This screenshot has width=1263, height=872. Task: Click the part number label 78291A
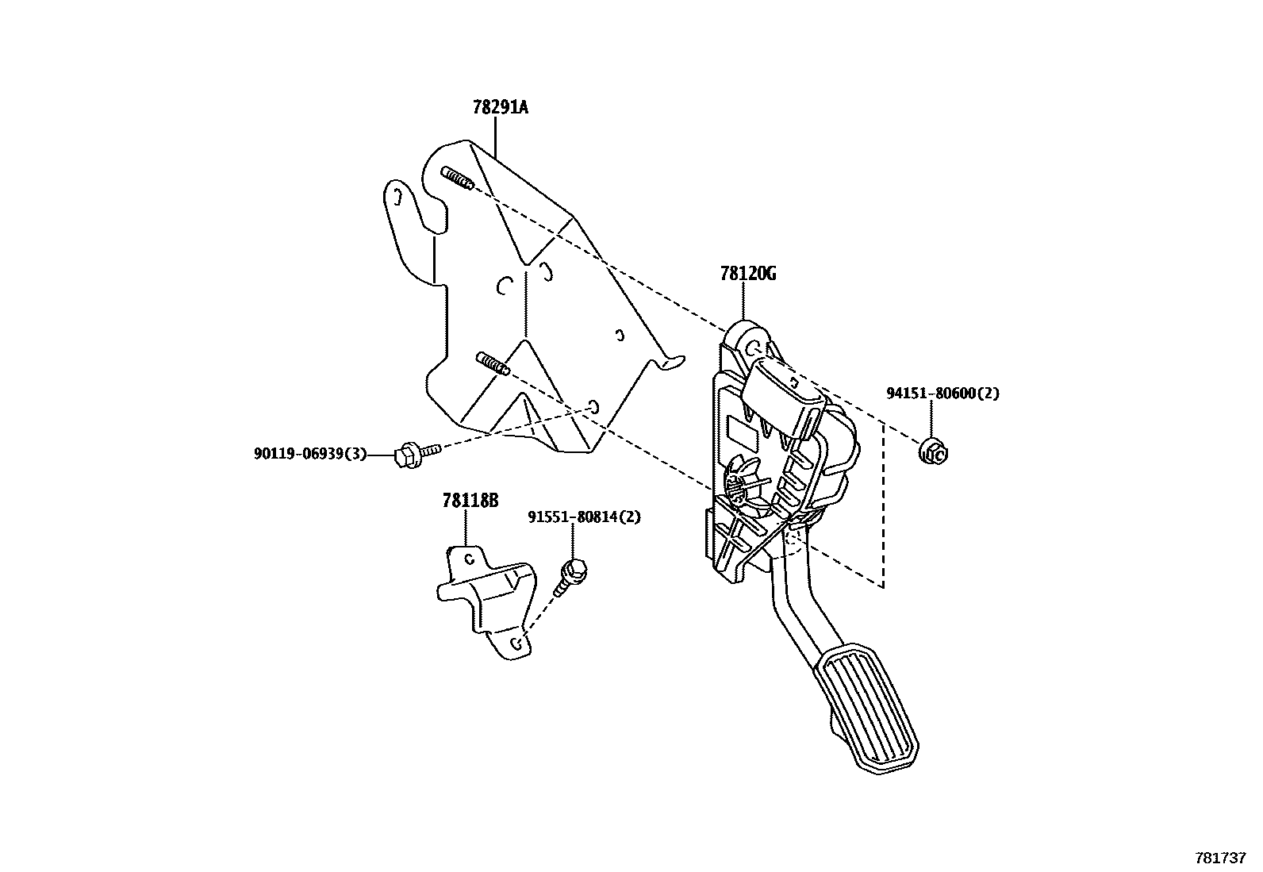pos(500,107)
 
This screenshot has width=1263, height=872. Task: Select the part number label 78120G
pos(747,275)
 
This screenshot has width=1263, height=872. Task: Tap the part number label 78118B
pos(470,501)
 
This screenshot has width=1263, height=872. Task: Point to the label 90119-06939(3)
pos(310,454)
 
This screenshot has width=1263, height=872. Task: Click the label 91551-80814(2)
pos(584,517)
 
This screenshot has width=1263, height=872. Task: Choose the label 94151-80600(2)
pos(942,393)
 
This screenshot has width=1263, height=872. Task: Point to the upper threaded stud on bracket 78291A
pos(458,179)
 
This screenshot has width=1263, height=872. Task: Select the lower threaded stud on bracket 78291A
pos(492,365)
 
